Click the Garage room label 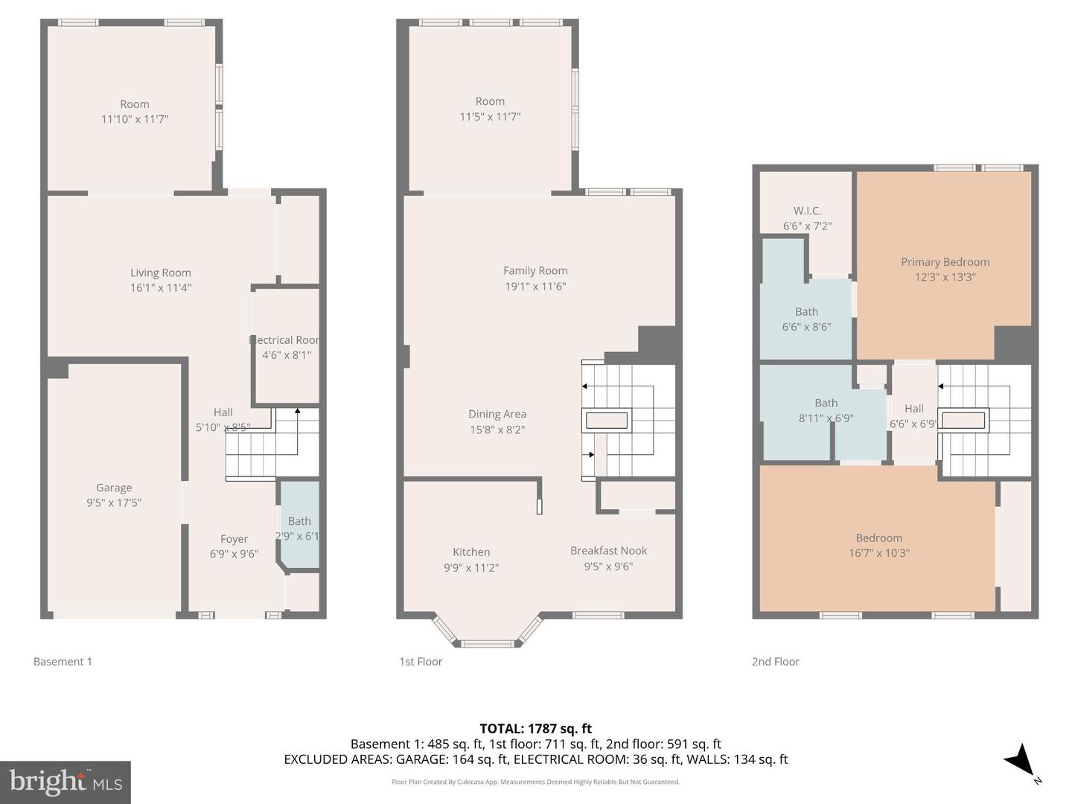click(113, 488)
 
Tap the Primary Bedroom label click(945, 262)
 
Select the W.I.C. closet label click(807, 211)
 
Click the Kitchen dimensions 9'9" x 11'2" click(471, 567)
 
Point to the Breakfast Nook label click(608, 551)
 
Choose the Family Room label click(535, 271)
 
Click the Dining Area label click(497, 415)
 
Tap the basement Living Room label click(160, 273)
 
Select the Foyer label click(234, 539)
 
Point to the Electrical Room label click(287, 340)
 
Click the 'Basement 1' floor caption click(63, 661)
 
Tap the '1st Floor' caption click(421, 661)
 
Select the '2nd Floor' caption click(775, 661)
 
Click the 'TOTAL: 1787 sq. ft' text click(535, 729)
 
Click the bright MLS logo click(66, 782)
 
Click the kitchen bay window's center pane click(487, 643)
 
